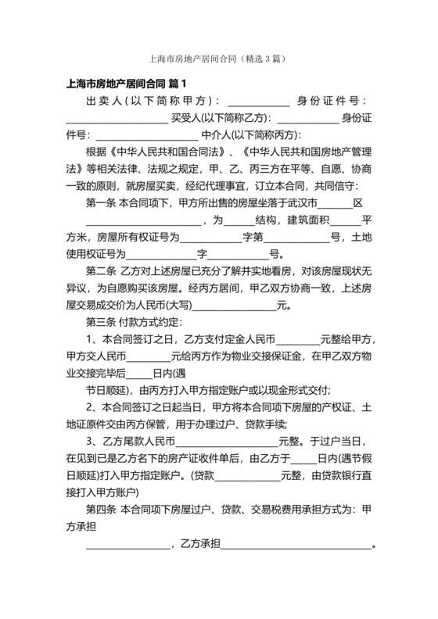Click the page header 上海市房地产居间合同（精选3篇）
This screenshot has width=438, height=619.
point(219,58)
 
